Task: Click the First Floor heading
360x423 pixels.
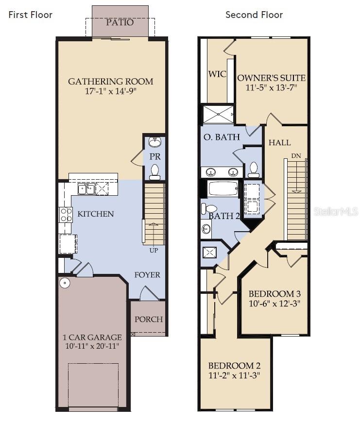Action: point(30,15)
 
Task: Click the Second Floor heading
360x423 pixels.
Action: point(254,15)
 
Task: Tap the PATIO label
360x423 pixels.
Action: point(120,22)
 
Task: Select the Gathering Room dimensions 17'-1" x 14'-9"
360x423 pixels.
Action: point(110,92)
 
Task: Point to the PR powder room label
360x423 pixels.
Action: point(154,157)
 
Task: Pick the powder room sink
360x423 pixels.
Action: point(154,142)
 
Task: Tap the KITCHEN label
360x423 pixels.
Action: point(96,214)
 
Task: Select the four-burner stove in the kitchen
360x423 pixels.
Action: point(66,214)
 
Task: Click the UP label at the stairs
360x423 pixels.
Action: point(154,251)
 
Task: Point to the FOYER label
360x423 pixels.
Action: point(147,275)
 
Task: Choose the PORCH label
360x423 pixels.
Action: point(149,319)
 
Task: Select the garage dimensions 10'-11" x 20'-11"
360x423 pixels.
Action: point(92,346)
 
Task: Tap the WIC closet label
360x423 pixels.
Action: point(217,74)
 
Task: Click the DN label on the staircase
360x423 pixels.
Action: point(295,156)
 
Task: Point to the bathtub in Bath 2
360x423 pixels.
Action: point(223,188)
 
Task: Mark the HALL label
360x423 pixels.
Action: point(280,142)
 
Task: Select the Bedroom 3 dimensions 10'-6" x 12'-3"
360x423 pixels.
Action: point(274,304)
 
